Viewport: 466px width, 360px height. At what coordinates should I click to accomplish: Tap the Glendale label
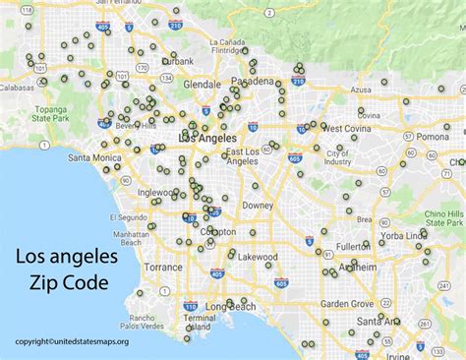pyautogui.click(x=202, y=85)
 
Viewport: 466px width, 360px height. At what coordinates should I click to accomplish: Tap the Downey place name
pyautogui.click(x=258, y=205)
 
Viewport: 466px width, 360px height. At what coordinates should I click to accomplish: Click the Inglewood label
pyautogui.click(x=158, y=193)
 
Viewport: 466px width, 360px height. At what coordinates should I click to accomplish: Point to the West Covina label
pyautogui.click(x=344, y=128)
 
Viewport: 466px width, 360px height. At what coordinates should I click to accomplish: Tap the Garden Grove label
pyautogui.click(x=346, y=304)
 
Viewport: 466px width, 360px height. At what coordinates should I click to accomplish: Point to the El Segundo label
pyautogui.click(x=130, y=215)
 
